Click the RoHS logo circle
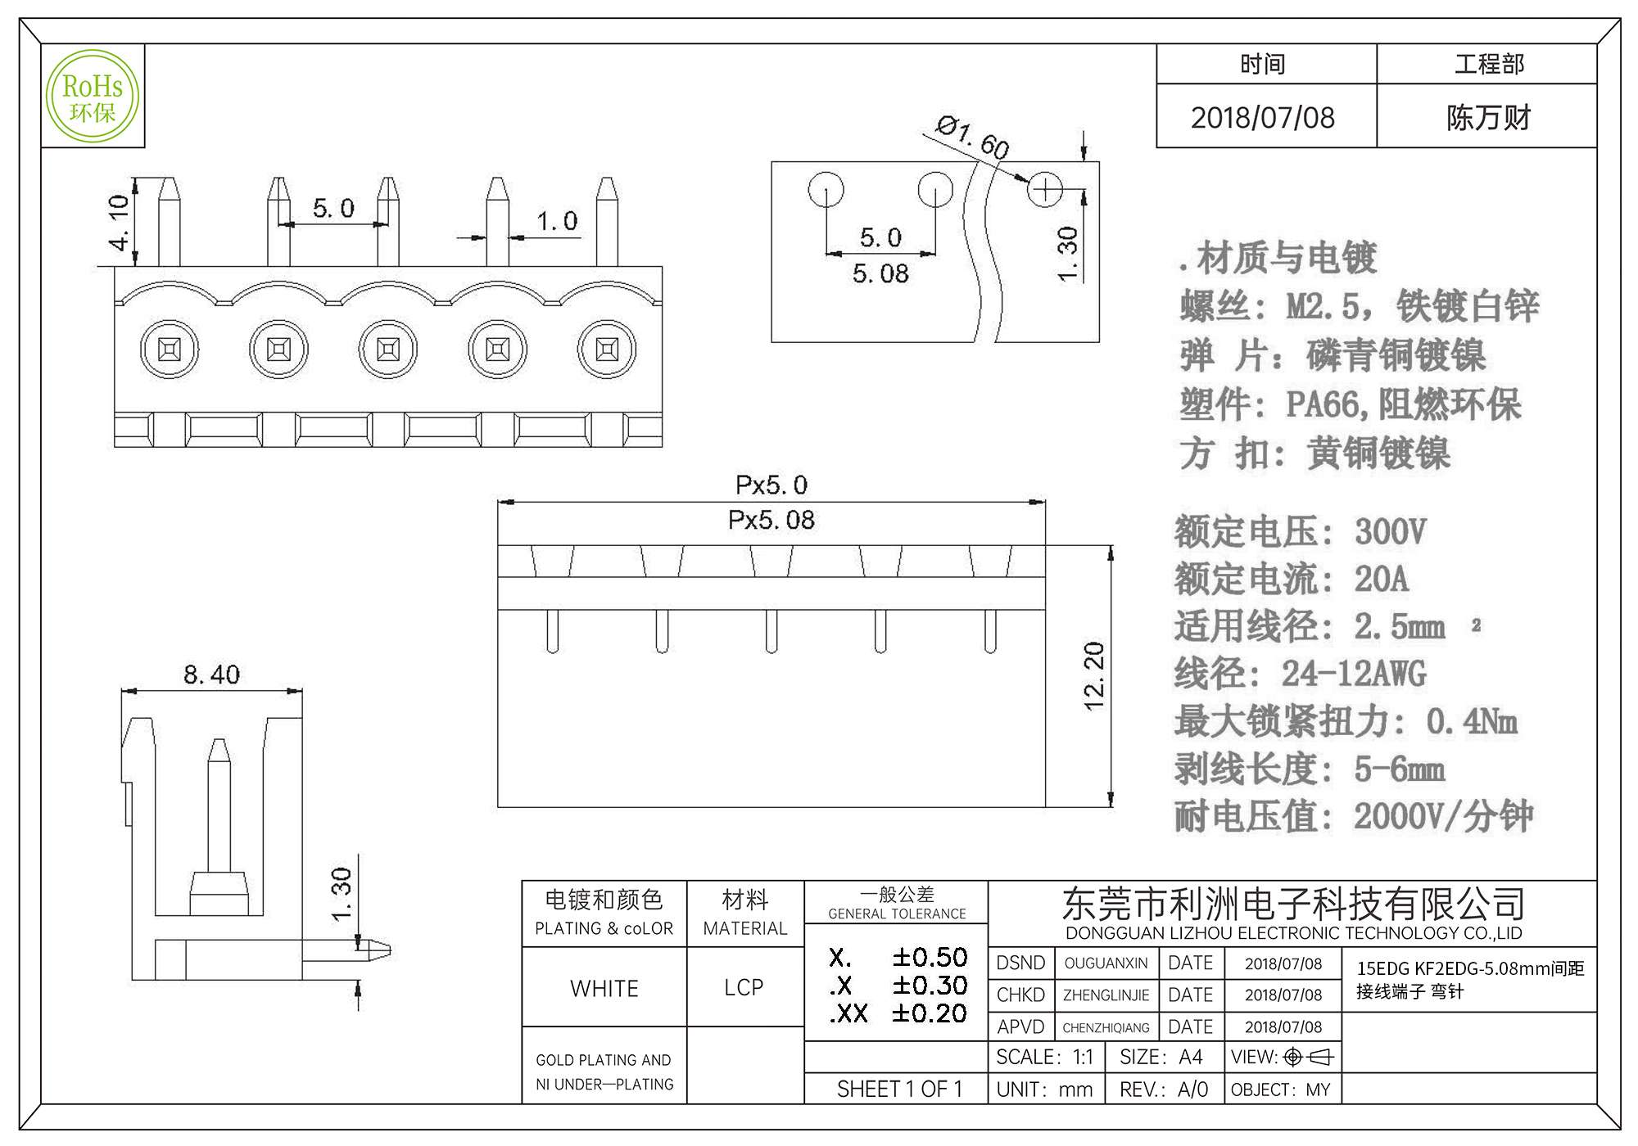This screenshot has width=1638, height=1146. click(93, 96)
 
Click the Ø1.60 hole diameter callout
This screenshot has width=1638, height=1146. click(972, 138)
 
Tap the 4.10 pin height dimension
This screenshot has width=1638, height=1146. click(120, 222)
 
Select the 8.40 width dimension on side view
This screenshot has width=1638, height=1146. click(211, 675)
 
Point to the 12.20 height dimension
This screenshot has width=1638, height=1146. click(1094, 676)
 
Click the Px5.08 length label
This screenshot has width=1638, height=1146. click(771, 521)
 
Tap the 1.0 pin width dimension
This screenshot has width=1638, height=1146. click(557, 221)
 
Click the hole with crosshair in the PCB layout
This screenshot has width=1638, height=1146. click(1045, 190)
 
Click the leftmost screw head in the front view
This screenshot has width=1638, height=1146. click(169, 350)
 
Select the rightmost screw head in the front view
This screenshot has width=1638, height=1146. click(607, 350)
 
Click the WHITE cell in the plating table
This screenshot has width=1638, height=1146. click(604, 989)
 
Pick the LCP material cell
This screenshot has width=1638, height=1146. click(744, 988)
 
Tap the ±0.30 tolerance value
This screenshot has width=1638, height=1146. click(930, 986)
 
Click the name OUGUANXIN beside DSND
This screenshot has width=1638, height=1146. click(1106, 963)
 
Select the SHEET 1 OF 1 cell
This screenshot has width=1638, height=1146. click(899, 1090)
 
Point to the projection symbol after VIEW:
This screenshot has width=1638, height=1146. click(1309, 1058)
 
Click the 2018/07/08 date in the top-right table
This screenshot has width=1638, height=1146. click(1263, 118)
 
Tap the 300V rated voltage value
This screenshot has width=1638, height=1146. click(1391, 532)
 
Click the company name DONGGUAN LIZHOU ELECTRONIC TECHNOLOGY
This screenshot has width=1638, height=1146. click(1293, 933)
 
